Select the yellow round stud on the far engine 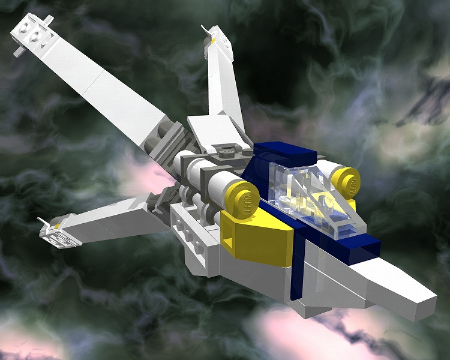tap(346, 182)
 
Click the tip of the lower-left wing tap(60, 234)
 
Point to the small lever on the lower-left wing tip tap(43, 223)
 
